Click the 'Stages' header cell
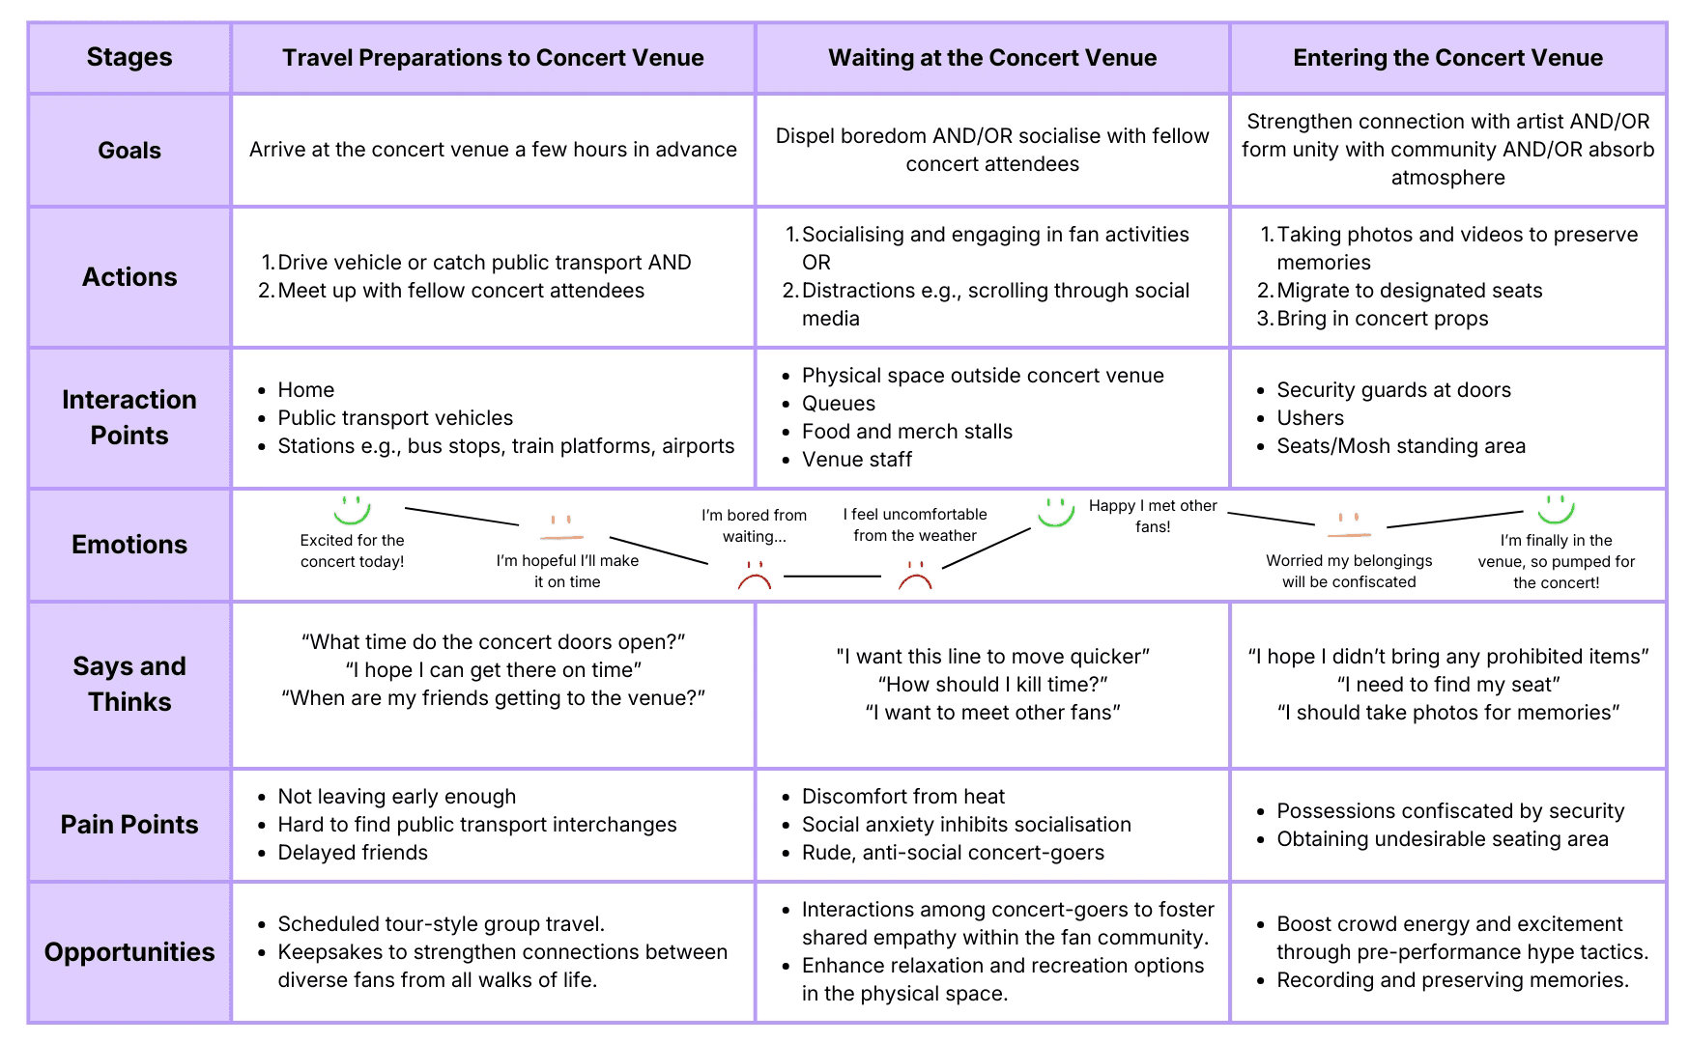click(x=129, y=58)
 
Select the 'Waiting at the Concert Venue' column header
click(x=992, y=58)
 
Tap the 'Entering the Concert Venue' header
click(x=1447, y=58)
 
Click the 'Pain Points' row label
click(x=129, y=825)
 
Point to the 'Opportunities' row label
click(x=129, y=952)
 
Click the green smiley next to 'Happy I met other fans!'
click(x=1055, y=511)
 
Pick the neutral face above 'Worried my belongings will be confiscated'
click(x=1350, y=526)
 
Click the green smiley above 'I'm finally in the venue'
click(x=1556, y=508)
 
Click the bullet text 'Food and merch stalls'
click(x=907, y=432)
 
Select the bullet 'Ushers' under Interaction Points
click(x=1310, y=418)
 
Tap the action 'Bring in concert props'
click(x=1383, y=319)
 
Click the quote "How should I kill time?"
click(x=992, y=685)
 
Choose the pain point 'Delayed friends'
click(x=353, y=853)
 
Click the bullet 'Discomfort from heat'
click(x=903, y=797)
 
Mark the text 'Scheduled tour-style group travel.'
click(x=442, y=924)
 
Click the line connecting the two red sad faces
click(x=833, y=577)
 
